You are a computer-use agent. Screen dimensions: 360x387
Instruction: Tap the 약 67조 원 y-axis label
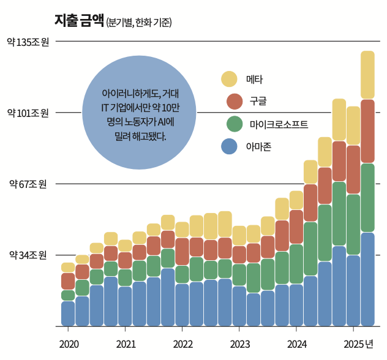pos(28,184)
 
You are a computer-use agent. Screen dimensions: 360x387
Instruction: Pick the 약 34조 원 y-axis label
pos(28,255)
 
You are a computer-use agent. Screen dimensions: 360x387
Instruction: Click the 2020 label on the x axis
pos(69,344)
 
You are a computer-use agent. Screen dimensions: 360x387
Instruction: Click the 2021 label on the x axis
pos(126,344)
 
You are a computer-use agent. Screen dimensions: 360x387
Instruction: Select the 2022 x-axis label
pos(182,344)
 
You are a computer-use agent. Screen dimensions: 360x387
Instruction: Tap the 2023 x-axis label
pos(239,344)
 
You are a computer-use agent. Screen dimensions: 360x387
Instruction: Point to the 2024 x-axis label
pos(296,344)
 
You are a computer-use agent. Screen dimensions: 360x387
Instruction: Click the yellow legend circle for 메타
pos(229,79)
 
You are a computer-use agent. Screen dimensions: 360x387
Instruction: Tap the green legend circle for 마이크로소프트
pos(235,124)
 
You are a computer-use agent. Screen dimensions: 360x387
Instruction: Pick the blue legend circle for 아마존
pos(229,146)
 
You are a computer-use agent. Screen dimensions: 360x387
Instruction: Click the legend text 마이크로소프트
pos(279,124)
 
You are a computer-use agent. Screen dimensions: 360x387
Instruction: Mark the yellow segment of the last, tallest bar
pos(367,75)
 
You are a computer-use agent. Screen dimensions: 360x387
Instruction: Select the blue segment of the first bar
pos(68,313)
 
